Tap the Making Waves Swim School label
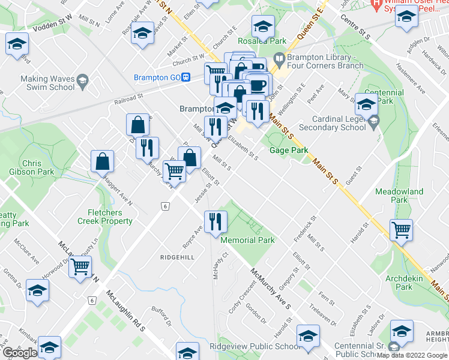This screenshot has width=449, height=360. click(48, 83)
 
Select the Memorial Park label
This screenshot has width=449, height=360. click(247, 240)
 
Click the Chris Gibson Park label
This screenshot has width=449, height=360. click(32, 167)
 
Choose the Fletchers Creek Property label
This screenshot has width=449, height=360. click(105, 217)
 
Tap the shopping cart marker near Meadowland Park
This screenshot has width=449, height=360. click(401, 229)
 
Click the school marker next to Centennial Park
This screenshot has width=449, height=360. click(366, 105)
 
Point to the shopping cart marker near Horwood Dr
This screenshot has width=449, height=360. click(80, 266)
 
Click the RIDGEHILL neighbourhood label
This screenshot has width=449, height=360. click(177, 257)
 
